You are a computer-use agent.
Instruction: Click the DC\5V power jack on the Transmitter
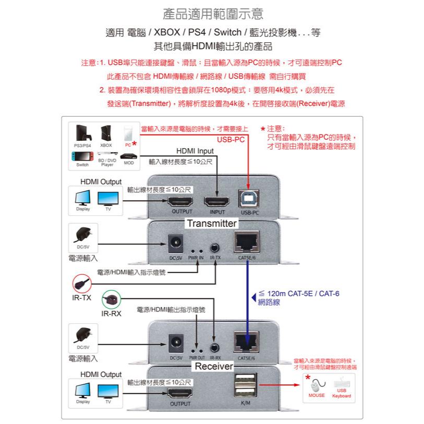pyautogui.click(x=175, y=243)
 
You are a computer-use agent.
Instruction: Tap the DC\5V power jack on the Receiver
pyautogui.click(x=175, y=343)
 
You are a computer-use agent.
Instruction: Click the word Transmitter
pyautogui.click(x=212, y=223)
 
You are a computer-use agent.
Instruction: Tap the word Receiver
pyautogui.click(x=214, y=367)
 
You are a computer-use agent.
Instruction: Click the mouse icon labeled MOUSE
pyautogui.click(x=316, y=386)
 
